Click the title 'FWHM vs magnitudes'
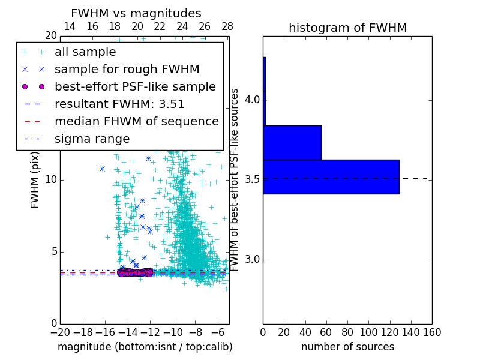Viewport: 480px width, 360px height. click(136, 13)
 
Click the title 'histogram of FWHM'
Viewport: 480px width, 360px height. click(347, 28)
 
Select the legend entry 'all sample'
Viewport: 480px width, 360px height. click(85, 52)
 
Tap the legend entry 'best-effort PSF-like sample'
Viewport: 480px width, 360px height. click(135, 86)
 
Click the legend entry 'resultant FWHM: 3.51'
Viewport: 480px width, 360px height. click(119, 104)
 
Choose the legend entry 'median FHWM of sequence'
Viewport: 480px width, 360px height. click(136, 121)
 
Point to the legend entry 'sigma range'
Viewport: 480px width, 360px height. click(92, 139)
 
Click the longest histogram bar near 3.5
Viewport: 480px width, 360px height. click(331, 176)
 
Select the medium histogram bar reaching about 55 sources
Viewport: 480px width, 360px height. click(292, 142)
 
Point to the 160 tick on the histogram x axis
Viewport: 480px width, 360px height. click(432, 332)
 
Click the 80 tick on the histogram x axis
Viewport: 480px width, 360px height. click(347, 332)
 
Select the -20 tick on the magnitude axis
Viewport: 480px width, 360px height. click(60, 332)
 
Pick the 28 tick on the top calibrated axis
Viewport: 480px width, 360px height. click(227, 26)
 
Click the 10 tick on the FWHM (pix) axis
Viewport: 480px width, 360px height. click(50, 180)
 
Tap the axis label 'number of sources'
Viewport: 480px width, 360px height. click(347, 347)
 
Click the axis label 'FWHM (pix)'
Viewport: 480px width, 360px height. click(35, 180)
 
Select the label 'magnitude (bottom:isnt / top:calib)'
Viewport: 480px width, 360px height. click(145, 347)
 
